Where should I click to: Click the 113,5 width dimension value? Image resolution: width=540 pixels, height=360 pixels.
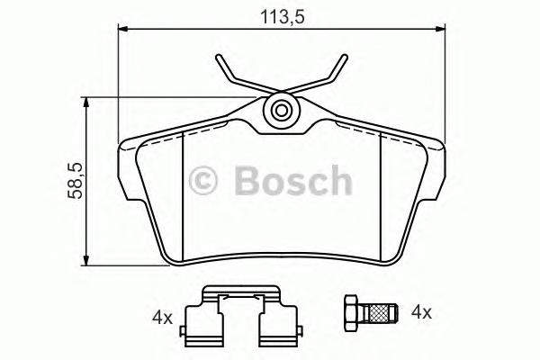coord(280,14)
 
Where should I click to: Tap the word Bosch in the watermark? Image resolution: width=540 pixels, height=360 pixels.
coord(293,180)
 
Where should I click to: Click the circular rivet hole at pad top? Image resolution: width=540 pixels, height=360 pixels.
coord(281,112)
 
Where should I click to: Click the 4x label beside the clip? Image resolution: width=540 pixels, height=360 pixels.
coord(163,317)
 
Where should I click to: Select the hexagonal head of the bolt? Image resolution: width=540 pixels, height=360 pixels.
coord(353,313)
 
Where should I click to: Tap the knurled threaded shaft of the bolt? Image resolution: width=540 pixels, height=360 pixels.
coord(382,313)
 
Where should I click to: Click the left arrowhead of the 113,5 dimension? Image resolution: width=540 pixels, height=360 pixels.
coord(124,30)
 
